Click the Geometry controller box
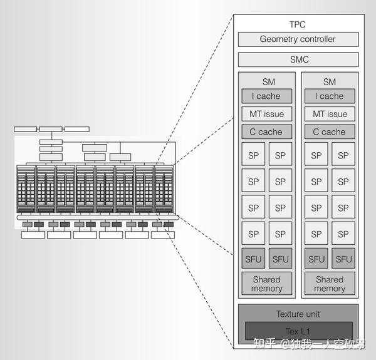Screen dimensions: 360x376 pyautogui.click(x=298, y=39)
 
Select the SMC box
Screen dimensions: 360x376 pyautogui.click(x=298, y=60)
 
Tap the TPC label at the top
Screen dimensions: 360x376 pyautogui.click(x=298, y=24)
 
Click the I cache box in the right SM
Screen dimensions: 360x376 pyautogui.click(x=329, y=96)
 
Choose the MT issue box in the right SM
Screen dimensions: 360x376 pyautogui.click(x=329, y=114)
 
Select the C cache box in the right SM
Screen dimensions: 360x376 pyautogui.click(x=329, y=132)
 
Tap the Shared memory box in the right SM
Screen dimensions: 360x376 pyautogui.click(x=329, y=284)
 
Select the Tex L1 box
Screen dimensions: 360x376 pyautogui.click(x=298, y=331)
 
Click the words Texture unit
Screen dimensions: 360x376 pyautogui.click(x=298, y=314)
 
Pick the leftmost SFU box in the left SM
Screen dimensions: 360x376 pyautogui.click(x=254, y=259)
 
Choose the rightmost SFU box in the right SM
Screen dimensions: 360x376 pyautogui.click(x=343, y=259)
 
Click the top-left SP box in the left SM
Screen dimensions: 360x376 pyautogui.click(x=254, y=155)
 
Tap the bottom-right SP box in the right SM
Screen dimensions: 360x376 pyautogui.click(x=343, y=234)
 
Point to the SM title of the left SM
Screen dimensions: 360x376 pyautogui.click(x=268, y=81)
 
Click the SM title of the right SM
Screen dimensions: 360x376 pyautogui.click(x=329, y=81)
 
